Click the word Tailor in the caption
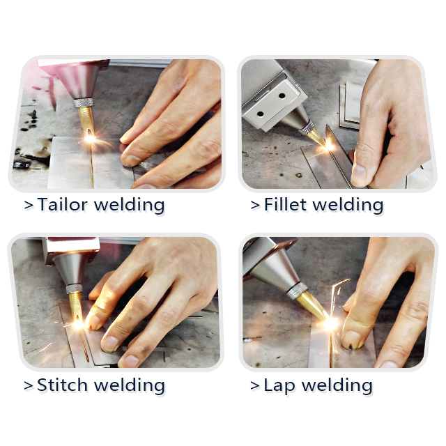point(62,204)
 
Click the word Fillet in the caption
point(286,204)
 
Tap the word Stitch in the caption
point(62,385)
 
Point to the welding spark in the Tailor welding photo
point(91,139)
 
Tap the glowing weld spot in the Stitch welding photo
point(78,324)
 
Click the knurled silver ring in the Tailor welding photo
point(84,102)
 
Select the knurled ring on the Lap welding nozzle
point(297,291)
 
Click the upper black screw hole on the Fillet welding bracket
point(282,96)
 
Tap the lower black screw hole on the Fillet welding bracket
point(260,114)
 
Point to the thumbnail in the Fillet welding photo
point(360,174)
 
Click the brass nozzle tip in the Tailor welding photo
point(86,121)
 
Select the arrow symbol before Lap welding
point(255,386)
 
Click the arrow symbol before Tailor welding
point(29,205)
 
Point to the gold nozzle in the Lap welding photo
point(312,306)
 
